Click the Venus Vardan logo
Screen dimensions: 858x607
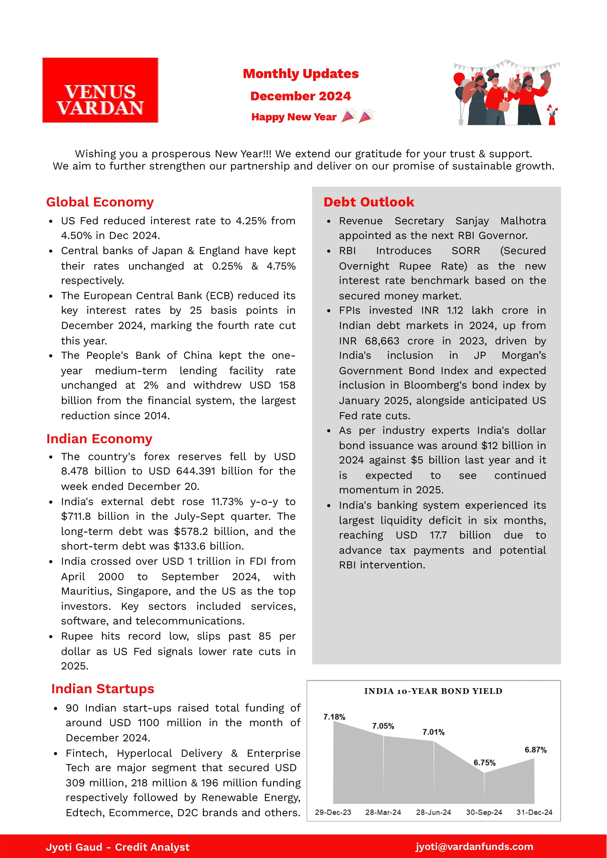click(x=100, y=90)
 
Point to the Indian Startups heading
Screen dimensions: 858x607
click(x=102, y=689)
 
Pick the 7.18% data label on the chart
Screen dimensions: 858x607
click(x=334, y=717)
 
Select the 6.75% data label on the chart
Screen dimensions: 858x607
click(x=485, y=763)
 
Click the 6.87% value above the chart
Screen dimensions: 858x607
click(x=535, y=750)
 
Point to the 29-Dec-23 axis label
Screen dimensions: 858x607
click(x=333, y=813)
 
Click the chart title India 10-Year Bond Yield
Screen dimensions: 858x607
click(x=433, y=691)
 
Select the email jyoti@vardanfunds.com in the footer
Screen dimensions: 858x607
click(x=474, y=847)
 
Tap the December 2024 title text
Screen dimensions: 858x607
click(x=300, y=96)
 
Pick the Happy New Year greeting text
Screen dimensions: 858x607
click(x=294, y=117)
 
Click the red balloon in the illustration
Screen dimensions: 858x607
click(x=459, y=79)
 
